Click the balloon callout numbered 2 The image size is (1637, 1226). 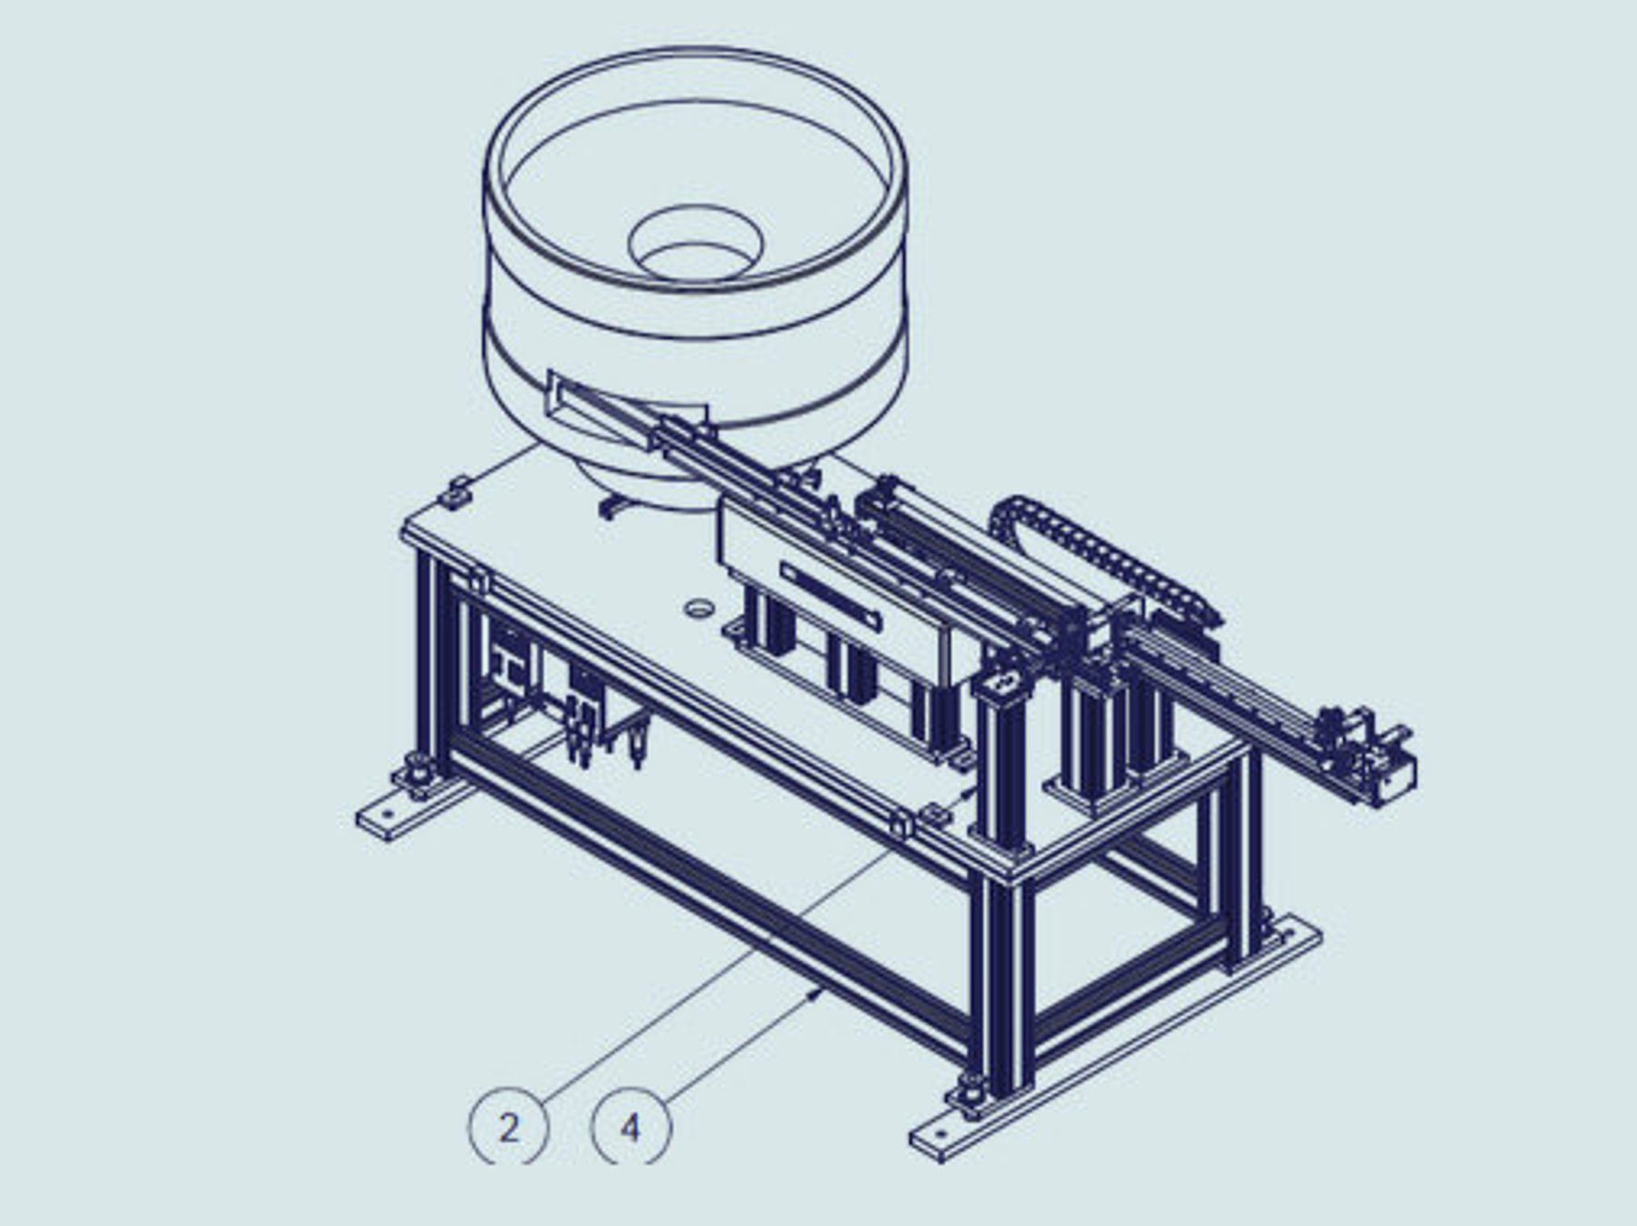(508, 1128)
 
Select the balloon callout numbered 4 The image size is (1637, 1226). (631, 1128)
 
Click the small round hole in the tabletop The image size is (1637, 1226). (698, 607)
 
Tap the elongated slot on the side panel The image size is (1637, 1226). (830, 596)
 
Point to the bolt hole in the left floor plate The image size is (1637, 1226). (389, 816)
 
